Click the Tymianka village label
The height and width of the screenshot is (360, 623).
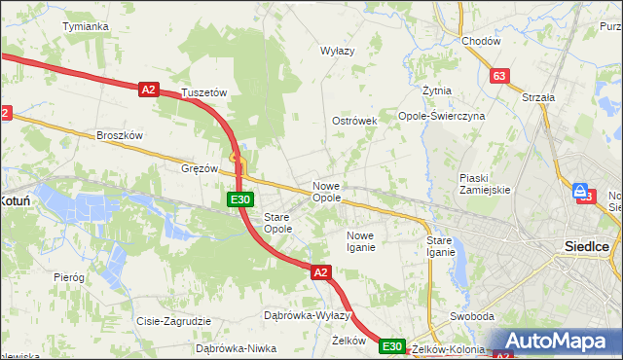tap(85, 26)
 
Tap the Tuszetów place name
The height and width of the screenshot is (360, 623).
tap(203, 93)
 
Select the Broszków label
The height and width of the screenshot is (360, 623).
tap(120, 136)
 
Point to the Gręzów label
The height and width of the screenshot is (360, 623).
tap(200, 168)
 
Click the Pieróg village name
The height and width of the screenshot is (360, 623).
tap(69, 278)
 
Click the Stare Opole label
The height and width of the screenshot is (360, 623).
tap(278, 223)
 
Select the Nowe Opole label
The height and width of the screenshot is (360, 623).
tap(326, 192)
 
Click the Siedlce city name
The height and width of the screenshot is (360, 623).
tap(587, 247)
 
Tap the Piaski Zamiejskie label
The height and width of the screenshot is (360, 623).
tap(485, 184)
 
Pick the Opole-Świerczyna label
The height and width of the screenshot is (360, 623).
tap(442, 116)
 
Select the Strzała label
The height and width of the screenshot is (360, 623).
tap(538, 97)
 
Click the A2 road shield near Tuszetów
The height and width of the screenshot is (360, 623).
tap(148, 90)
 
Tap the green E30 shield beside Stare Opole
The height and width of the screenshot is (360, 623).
tap(241, 199)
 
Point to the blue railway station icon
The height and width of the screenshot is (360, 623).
tap(580, 191)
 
